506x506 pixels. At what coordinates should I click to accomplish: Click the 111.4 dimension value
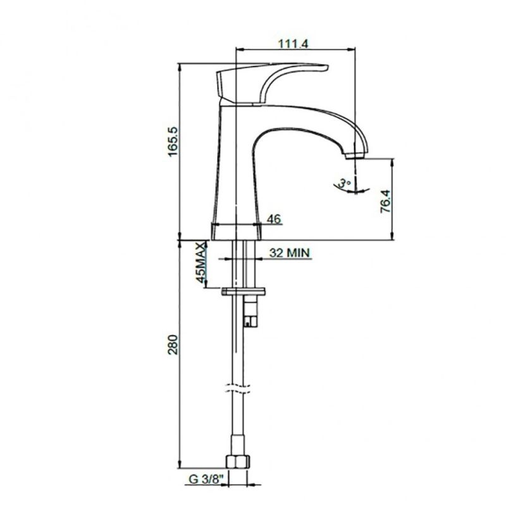coord(293,43)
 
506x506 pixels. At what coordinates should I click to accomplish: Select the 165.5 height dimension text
coord(173,141)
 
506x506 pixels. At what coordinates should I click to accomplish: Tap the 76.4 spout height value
coord(385,201)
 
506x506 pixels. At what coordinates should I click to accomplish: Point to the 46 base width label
coord(274,219)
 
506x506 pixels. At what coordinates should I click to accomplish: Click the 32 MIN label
coord(290,252)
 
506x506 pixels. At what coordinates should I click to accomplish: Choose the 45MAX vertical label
coord(201,262)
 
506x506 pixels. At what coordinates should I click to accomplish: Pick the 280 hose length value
coord(173,345)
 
